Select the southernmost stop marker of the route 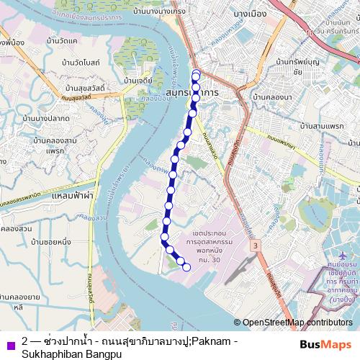click(186, 268)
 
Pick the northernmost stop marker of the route click(196, 73)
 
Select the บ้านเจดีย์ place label click(138, 81)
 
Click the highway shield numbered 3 click(255, 246)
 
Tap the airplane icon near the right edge click(341, 256)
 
